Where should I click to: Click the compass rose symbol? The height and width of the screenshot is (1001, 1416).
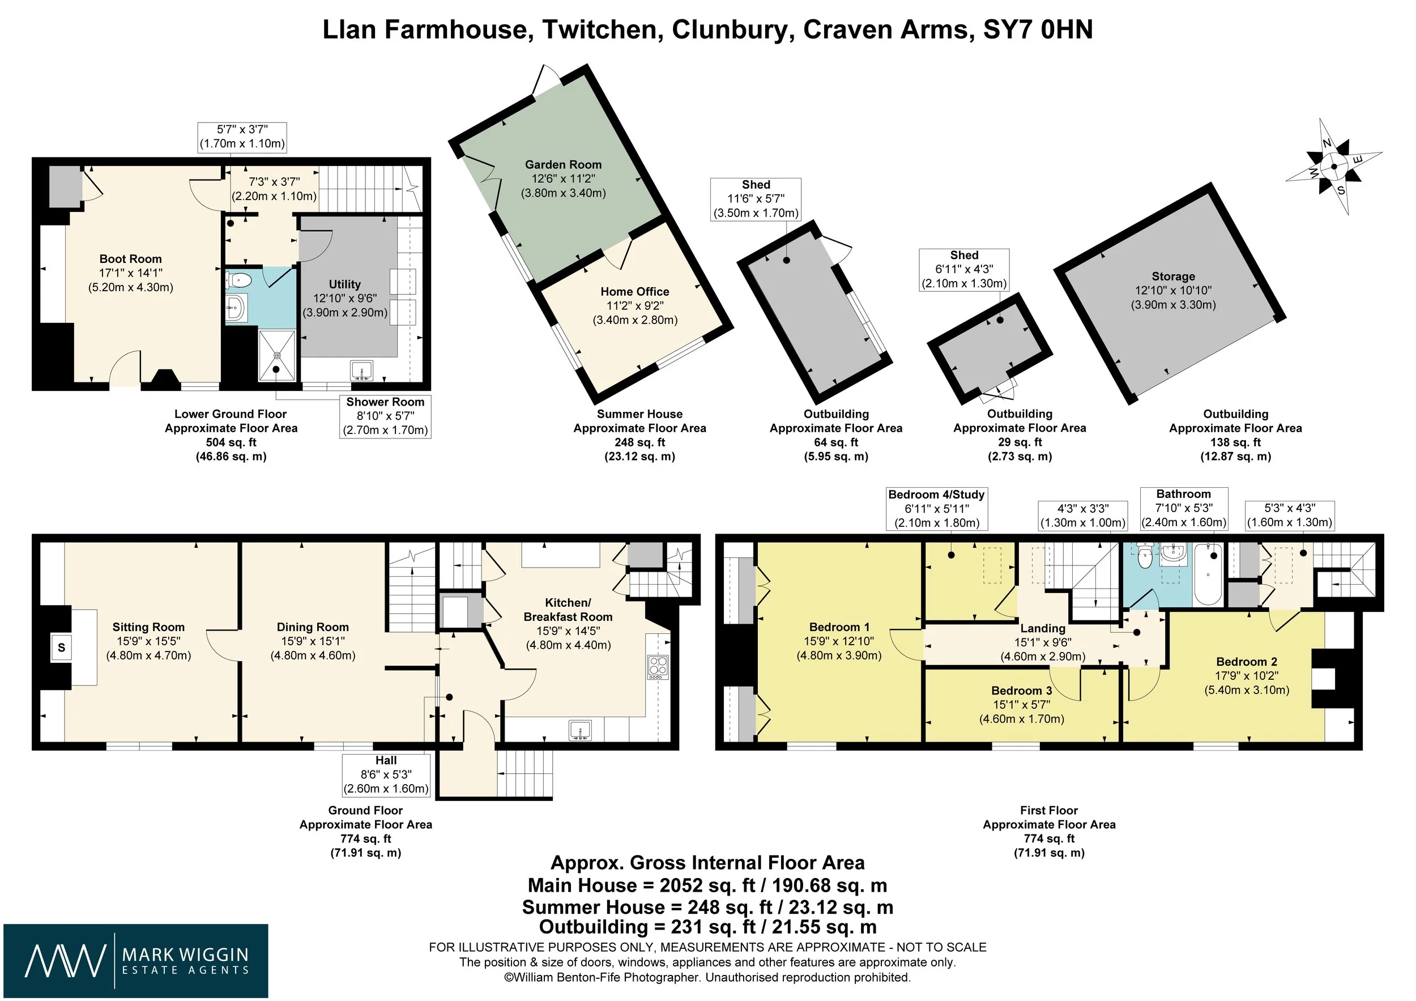pyautogui.click(x=1334, y=166)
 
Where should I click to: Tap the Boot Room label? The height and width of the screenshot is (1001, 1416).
pyautogui.click(x=131, y=259)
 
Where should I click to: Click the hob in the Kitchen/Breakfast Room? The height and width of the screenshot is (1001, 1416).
pyautogui.click(x=658, y=667)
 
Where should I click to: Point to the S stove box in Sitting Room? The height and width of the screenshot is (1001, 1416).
pyautogui.click(x=61, y=648)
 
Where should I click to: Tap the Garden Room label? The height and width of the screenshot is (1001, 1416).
pyautogui.click(x=563, y=165)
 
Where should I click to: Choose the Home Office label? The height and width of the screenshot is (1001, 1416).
pyautogui.click(x=634, y=292)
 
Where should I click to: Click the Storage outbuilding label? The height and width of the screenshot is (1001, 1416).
pyautogui.click(x=1173, y=276)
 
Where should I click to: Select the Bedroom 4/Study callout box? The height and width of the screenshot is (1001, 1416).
pyautogui.click(x=937, y=509)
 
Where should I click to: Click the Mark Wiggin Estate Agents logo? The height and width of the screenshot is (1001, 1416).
pyautogui.click(x=136, y=960)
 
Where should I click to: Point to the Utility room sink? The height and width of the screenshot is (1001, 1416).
pyautogui.click(x=361, y=370)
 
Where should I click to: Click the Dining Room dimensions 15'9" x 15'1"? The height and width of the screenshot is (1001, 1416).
pyautogui.click(x=313, y=641)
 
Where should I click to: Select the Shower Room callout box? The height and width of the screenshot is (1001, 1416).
pyautogui.click(x=386, y=416)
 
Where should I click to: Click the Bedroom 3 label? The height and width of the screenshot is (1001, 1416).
pyautogui.click(x=1022, y=691)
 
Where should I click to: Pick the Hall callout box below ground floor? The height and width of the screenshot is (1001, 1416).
pyautogui.click(x=386, y=774)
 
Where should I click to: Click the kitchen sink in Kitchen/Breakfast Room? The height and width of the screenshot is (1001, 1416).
pyautogui.click(x=581, y=730)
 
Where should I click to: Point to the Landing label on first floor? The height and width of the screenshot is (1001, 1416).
pyautogui.click(x=1043, y=628)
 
